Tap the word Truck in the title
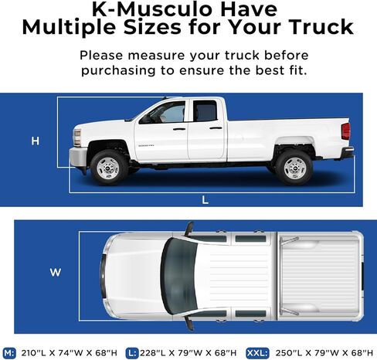point(316,29)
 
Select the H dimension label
point(35,141)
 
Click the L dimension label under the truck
point(205,199)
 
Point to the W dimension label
point(55,272)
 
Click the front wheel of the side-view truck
point(109,166)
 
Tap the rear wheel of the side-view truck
point(294,166)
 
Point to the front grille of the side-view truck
point(76,138)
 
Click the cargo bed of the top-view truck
point(317,276)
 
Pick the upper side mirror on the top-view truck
point(188,229)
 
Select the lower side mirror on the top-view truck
point(188,322)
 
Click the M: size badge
point(11,352)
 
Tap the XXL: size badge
point(256,352)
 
